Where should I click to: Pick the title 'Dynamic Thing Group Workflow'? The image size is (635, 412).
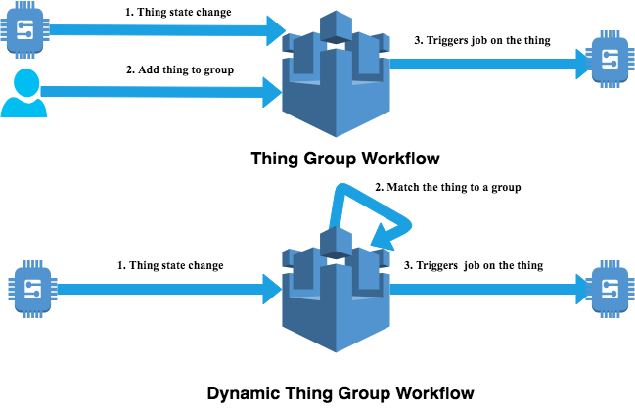(340, 393)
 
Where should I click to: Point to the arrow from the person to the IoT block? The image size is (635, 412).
(157, 92)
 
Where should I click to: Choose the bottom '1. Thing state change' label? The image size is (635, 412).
(170, 265)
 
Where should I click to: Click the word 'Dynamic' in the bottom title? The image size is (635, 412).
(246, 393)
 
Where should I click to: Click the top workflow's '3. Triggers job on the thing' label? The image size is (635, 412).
(483, 40)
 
